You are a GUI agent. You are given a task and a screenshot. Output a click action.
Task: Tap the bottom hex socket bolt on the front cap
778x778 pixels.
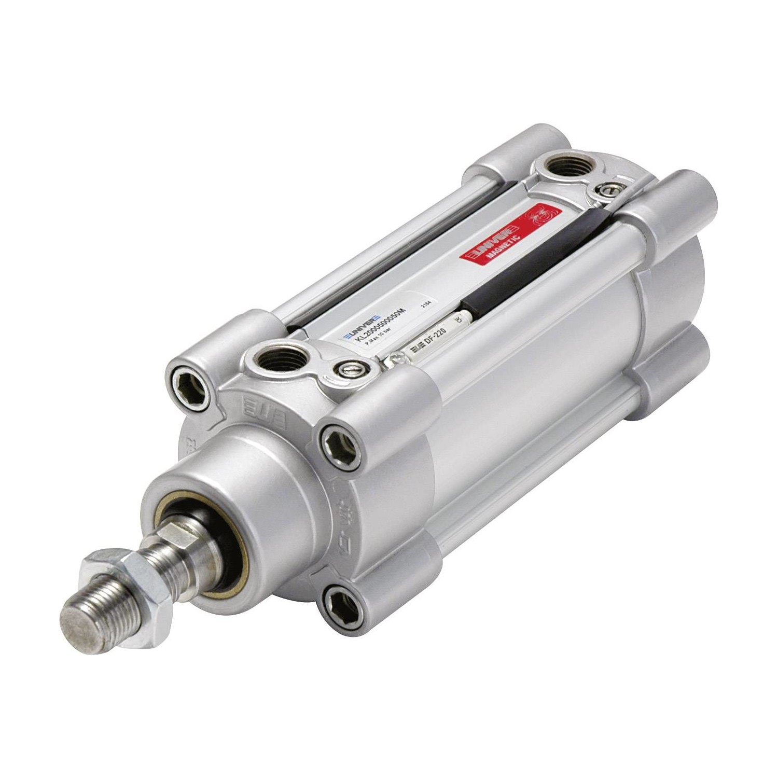coord(339,602)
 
